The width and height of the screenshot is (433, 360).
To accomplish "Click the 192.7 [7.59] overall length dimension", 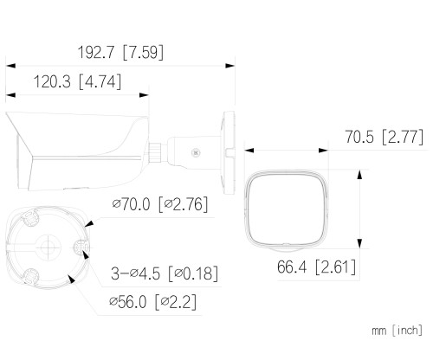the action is tap(120, 52).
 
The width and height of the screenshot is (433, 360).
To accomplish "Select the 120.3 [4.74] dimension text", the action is tap(77, 81).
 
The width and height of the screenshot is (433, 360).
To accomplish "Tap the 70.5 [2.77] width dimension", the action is tap(385, 137).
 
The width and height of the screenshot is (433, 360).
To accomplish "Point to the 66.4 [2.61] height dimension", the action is tap(316, 267).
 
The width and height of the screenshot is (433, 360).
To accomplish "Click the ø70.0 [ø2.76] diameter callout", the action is tap(160, 204).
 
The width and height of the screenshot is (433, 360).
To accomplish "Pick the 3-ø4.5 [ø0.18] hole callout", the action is tap(165, 273).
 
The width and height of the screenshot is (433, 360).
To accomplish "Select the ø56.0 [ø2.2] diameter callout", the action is tap(153, 302).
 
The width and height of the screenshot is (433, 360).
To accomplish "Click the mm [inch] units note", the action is tap(397, 330).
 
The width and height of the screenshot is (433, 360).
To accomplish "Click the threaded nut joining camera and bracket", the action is tap(155, 152).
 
